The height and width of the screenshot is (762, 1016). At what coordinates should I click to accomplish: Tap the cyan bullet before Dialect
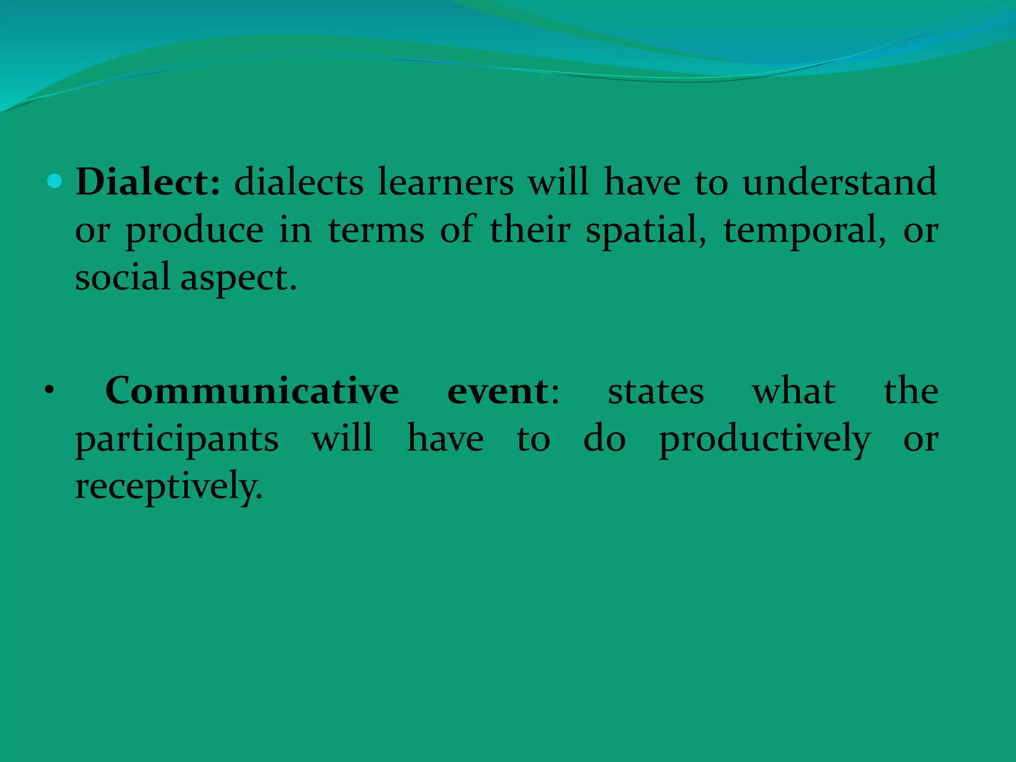point(55,182)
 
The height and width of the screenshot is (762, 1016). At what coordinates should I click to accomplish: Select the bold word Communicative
point(252,391)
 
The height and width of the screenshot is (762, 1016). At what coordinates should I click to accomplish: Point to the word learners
point(445,182)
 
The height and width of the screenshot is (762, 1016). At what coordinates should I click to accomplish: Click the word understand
point(839,182)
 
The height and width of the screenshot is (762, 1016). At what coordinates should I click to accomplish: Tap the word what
point(793,391)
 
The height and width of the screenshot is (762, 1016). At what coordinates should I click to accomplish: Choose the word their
point(530,230)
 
